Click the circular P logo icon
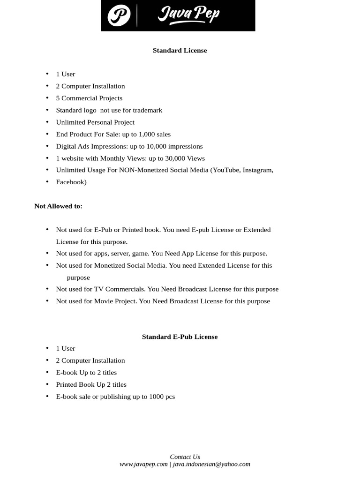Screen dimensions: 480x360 pyautogui.click(x=119, y=16)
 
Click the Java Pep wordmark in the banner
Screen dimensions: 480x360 pyautogui.click(x=188, y=15)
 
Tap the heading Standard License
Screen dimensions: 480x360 pyautogui.click(x=180, y=51)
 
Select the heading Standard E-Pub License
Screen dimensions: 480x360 pyautogui.click(x=180, y=337)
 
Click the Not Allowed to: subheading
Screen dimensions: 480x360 pyautogui.click(x=58, y=206)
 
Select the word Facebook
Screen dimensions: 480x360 pyautogui.click(x=70, y=182)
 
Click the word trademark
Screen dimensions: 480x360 pyautogui.click(x=147, y=110)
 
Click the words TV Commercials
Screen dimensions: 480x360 pyautogui.click(x=120, y=289)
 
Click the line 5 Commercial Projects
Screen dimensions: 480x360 pyautogui.click(x=89, y=98)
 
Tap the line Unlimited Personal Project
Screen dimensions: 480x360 pyautogui.click(x=95, y=122)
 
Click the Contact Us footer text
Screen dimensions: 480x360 pyautogui.click(x=185, y=457)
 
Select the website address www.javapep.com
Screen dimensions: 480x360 pyautogui.click(x=143, y=465)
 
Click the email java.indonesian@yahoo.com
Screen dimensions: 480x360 pyautogui.click(x=211, y=465)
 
